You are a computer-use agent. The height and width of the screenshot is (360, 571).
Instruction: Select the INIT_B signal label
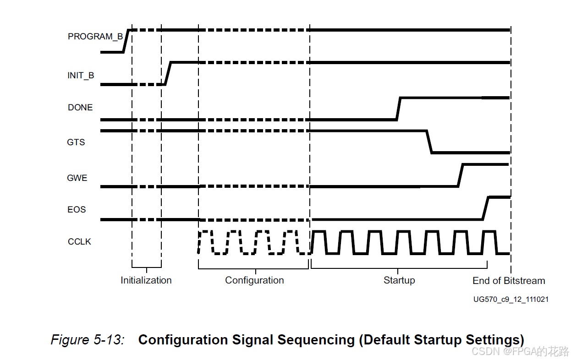[81, 76]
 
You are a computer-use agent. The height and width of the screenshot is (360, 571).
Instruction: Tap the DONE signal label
[80, 108]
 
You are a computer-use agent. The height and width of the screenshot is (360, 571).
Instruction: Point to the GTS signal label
[76, 142]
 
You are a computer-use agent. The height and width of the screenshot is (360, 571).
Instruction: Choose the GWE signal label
[77, 178]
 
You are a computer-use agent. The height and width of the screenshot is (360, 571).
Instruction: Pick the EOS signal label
[77, 209]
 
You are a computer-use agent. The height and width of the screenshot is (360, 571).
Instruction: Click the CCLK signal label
[79, 241]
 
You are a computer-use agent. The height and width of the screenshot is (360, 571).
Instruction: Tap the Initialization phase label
[146, 280]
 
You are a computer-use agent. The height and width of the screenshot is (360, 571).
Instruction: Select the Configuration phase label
[254, 280]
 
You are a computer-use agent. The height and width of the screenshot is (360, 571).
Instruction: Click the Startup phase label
[399, 280]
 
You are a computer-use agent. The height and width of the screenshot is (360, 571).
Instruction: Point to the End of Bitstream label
[509, 280]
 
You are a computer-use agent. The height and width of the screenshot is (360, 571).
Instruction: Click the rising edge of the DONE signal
[398, 109]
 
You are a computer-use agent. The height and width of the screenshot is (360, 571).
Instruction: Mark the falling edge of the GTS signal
[429, 142]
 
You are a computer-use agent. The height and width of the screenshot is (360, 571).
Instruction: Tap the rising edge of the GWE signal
[460, 175]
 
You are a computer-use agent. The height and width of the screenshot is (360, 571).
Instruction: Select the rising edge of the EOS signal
[485, 208]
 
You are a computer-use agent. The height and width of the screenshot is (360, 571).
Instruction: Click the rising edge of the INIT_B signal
[168, 73]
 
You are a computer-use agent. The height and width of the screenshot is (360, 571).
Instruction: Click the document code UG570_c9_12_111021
[511, 300]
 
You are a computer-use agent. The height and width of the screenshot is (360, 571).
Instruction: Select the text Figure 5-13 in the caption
[87, 340]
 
